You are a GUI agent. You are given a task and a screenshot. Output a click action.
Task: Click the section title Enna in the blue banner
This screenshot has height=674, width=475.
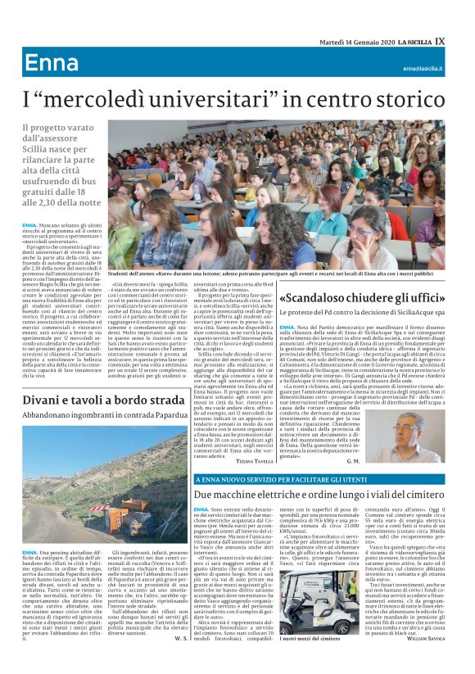[x=51, y=64]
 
